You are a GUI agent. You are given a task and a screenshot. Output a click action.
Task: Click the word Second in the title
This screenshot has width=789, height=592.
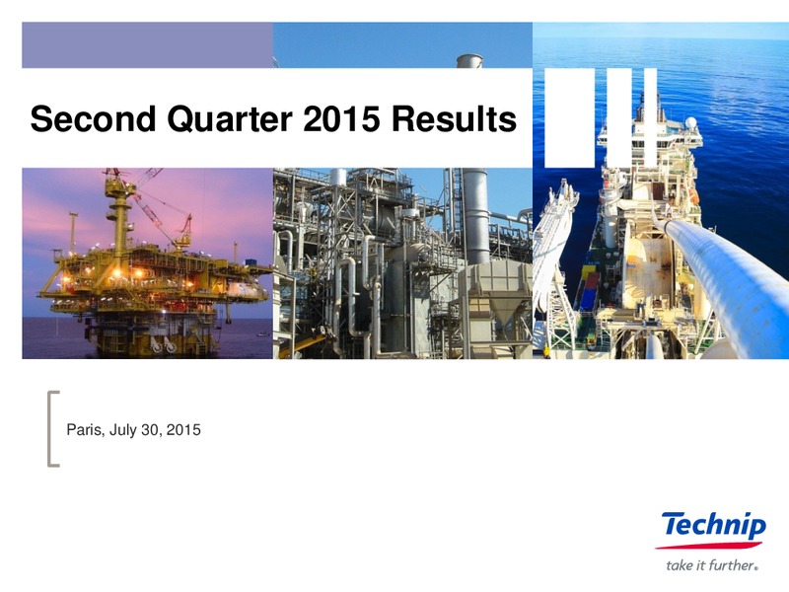pos(93,119)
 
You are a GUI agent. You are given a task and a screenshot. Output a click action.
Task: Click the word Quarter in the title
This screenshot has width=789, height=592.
pos(230,119)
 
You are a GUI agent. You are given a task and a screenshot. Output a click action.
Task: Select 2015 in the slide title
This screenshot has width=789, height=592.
pos(341,119)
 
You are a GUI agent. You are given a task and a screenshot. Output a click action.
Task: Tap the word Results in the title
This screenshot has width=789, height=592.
pos(454,119)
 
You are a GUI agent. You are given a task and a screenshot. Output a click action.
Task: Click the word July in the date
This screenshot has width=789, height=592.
pos(122,430)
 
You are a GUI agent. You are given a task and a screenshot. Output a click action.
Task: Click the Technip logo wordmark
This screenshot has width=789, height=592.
pos(714,526)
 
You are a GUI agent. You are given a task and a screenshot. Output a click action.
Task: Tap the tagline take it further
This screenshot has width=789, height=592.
pos(711,565)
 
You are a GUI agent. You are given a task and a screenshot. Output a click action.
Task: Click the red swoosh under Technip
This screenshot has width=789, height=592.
pos(708,546)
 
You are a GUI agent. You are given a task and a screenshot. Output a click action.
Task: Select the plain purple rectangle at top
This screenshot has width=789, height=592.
pos(147,44)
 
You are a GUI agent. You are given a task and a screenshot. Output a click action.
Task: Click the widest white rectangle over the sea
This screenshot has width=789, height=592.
pos(569,117)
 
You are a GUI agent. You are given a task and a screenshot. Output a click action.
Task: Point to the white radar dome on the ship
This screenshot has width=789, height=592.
pos(691,122)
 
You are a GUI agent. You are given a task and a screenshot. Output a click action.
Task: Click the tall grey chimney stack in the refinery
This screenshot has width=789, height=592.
pos(475,215)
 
